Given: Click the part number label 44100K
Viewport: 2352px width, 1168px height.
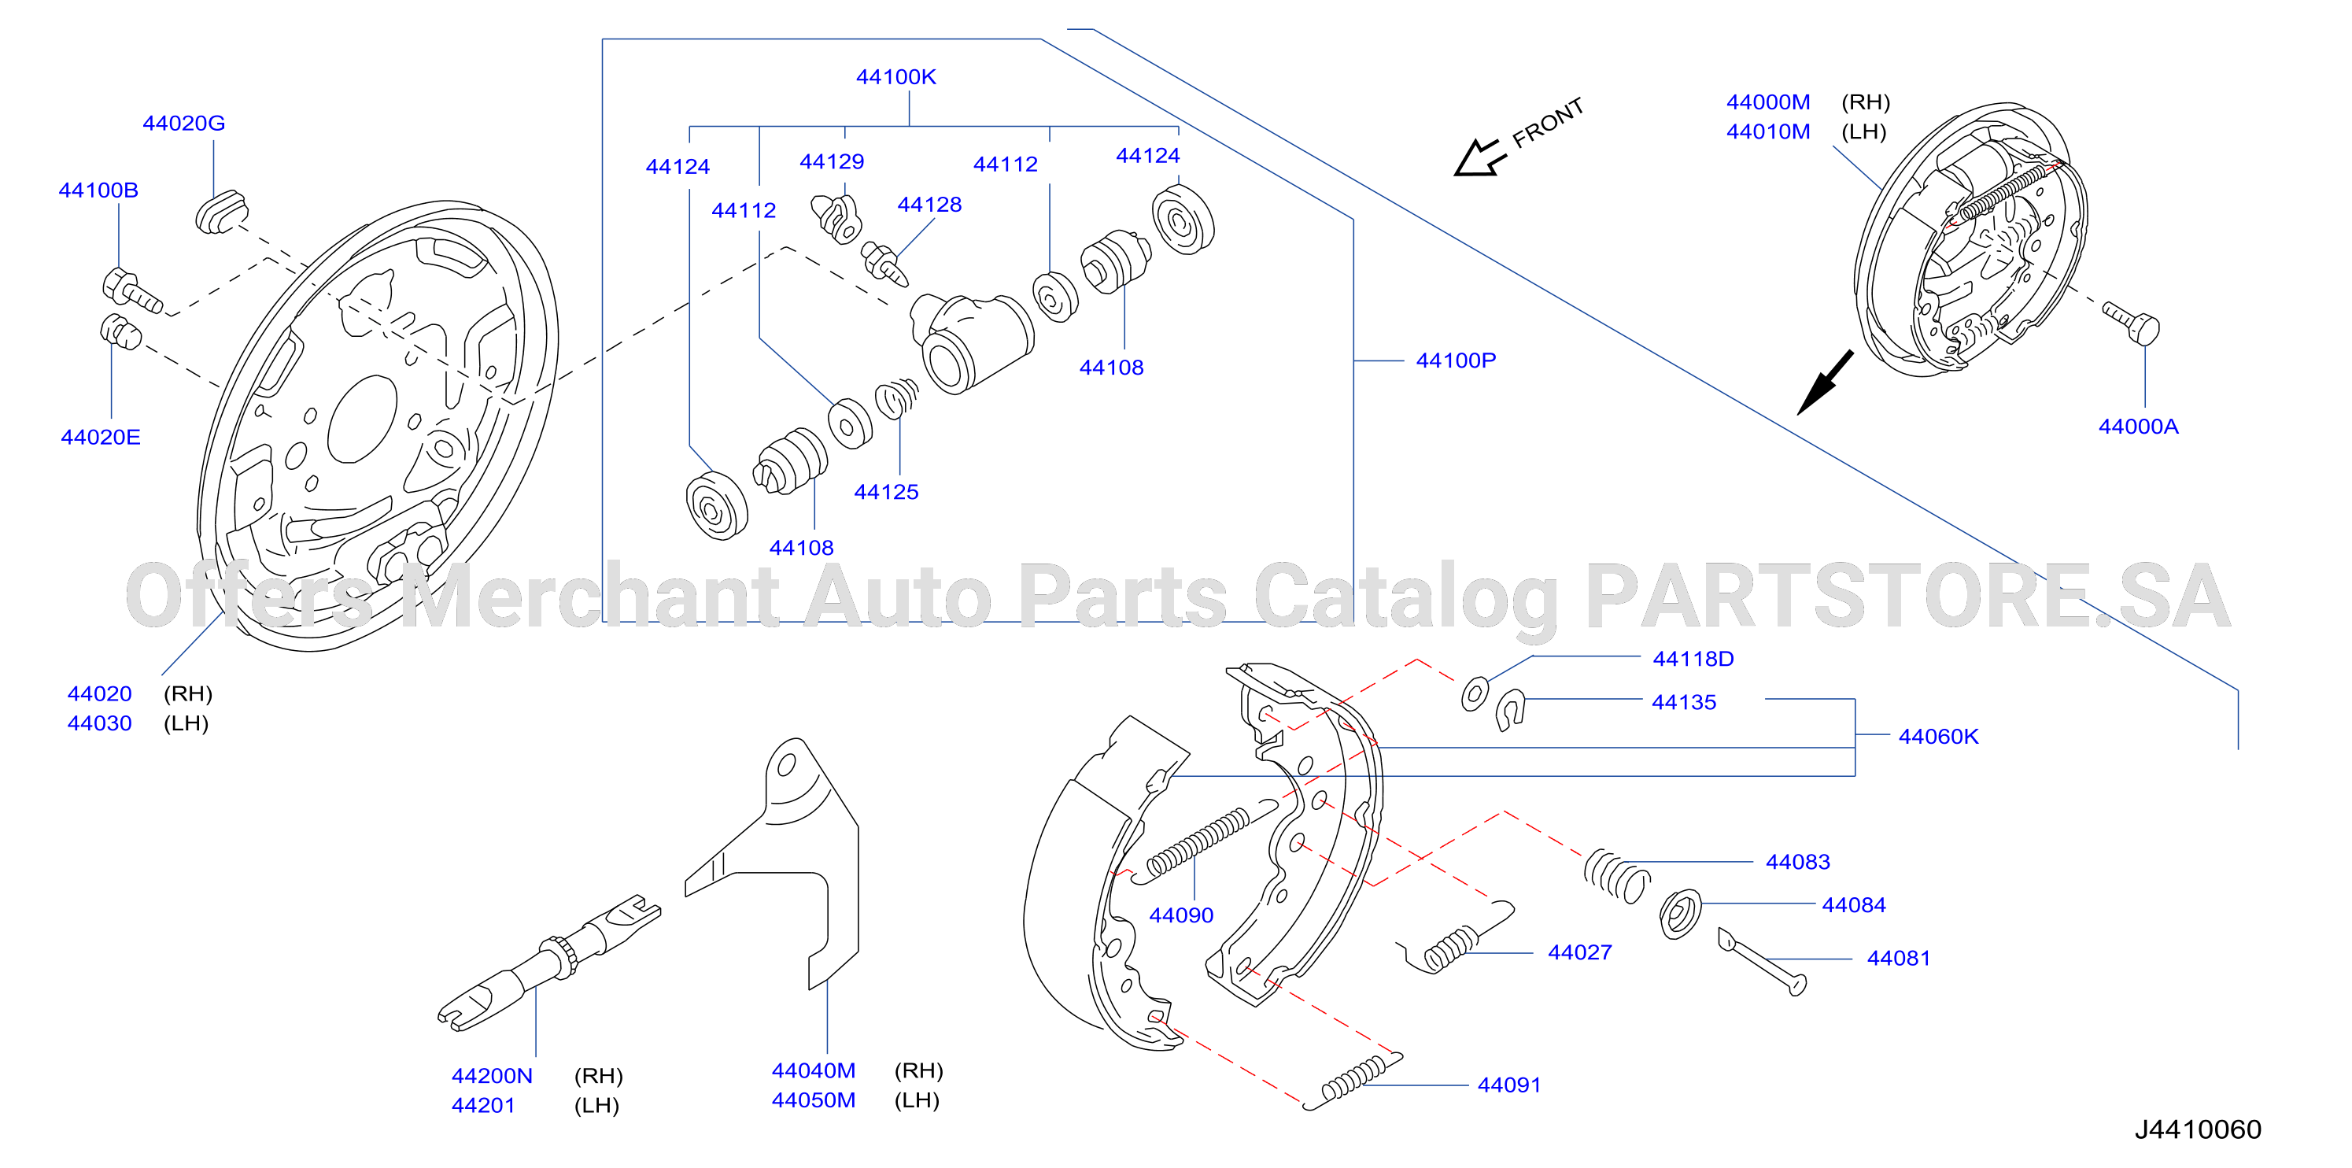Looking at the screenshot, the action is point(895,76).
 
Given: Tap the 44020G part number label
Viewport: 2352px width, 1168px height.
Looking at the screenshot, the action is point(183,124).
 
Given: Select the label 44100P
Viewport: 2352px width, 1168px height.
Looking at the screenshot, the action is point(1456,360).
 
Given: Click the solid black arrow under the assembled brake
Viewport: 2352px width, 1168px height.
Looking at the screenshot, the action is point(1824,383).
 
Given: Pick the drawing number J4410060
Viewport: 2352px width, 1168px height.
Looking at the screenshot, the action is point(2197,1129).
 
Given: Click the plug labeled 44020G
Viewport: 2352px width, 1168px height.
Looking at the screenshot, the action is point(221,212).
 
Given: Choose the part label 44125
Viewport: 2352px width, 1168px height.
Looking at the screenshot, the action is point(886,492).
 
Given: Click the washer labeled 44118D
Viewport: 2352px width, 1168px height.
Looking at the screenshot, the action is point(1474,694).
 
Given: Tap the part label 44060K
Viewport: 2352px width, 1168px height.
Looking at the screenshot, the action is point(1937,737).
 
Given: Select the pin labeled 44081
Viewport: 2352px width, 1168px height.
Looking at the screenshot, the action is point(1762,962).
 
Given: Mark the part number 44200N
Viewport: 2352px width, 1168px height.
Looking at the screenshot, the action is point(491,1076).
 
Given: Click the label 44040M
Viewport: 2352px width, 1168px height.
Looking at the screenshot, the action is point(814,1070).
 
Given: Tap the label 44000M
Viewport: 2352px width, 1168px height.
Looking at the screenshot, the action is point(1767,102).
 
